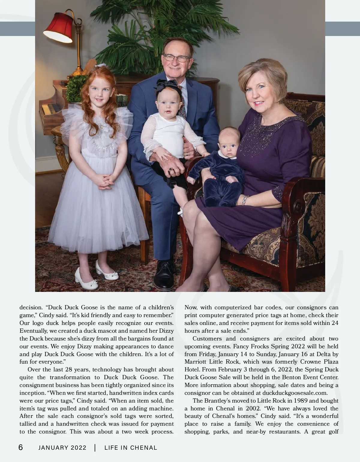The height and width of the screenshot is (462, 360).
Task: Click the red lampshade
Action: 58,28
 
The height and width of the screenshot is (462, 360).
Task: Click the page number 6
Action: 21,448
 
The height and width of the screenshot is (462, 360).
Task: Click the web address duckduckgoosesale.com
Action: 293,393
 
